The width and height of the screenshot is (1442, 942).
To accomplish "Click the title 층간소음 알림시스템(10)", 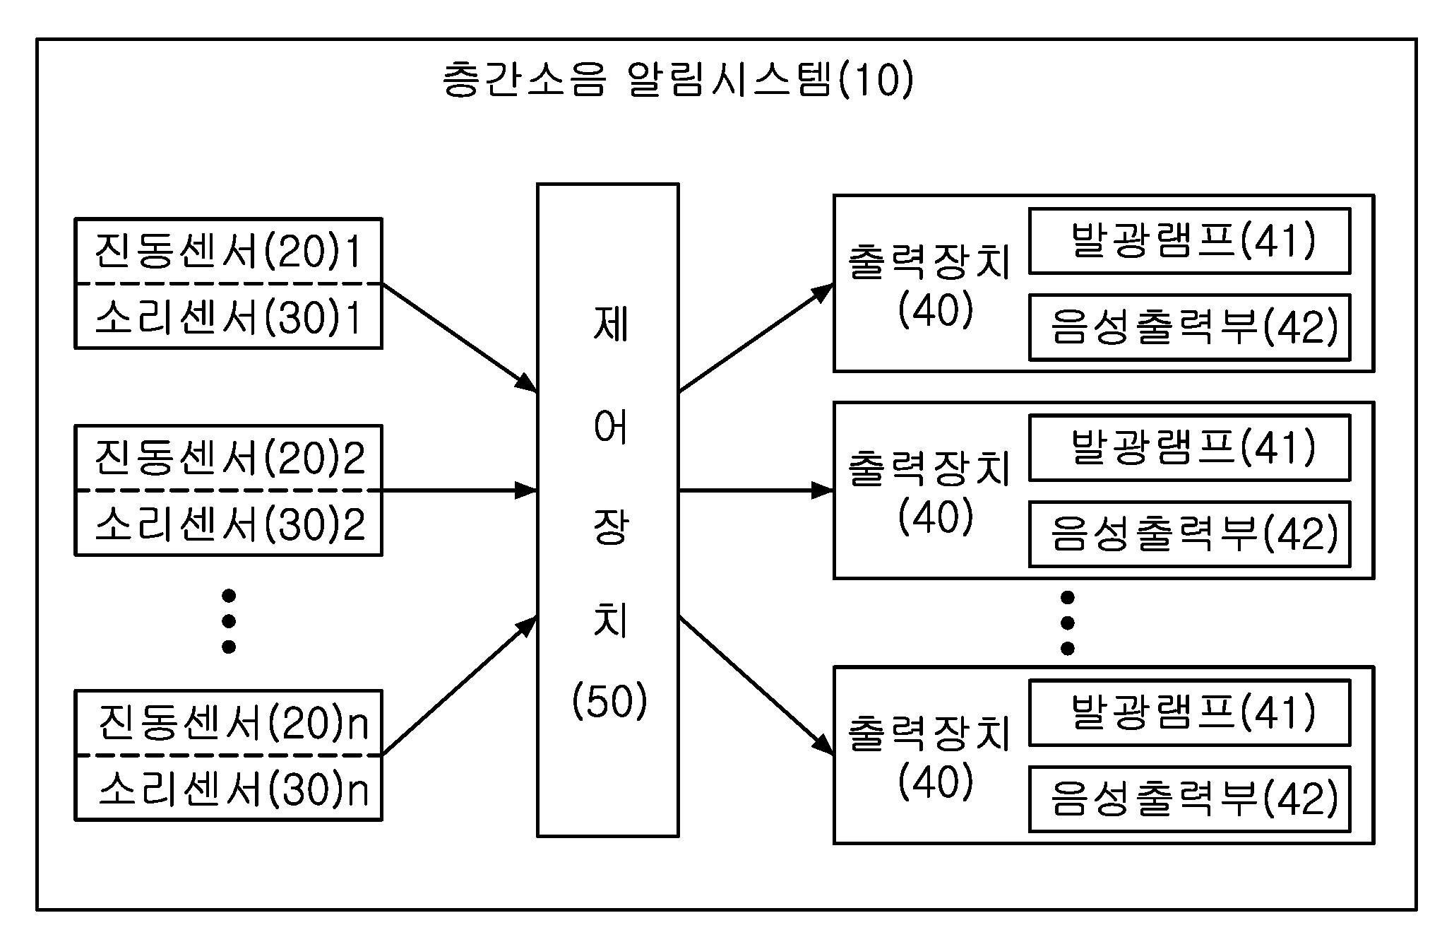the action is point(678,79).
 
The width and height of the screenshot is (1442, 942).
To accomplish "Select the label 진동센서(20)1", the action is point(228,251).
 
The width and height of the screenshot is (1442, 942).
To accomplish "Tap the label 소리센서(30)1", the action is point(228,317).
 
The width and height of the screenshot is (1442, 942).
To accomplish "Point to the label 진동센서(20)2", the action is point(230,457).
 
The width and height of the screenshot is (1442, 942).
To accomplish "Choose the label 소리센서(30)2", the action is point(230,524).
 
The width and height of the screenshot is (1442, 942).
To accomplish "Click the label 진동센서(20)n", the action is point(233,722).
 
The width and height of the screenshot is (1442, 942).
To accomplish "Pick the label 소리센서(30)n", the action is point(233,789).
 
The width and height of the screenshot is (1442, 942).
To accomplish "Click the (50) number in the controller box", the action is point(609,702).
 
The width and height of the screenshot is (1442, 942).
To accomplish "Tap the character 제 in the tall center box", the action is point(610,324).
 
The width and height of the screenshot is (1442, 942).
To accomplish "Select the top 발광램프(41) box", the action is point(1189,241).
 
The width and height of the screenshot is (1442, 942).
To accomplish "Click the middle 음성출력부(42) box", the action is point(1189,534).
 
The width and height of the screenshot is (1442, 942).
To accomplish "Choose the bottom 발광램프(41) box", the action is point(1189,712).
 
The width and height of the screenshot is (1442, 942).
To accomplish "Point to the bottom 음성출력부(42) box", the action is point(1189,799).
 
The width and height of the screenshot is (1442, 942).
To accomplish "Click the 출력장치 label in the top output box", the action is point(929,262).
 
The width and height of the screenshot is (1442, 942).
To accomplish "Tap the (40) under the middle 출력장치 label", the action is point(936,517).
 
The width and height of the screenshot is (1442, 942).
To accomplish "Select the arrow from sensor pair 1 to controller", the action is point(460,338).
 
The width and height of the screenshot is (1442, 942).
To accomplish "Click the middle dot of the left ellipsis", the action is point(228,621).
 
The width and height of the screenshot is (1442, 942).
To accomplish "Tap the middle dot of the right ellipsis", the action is point(1068,623).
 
